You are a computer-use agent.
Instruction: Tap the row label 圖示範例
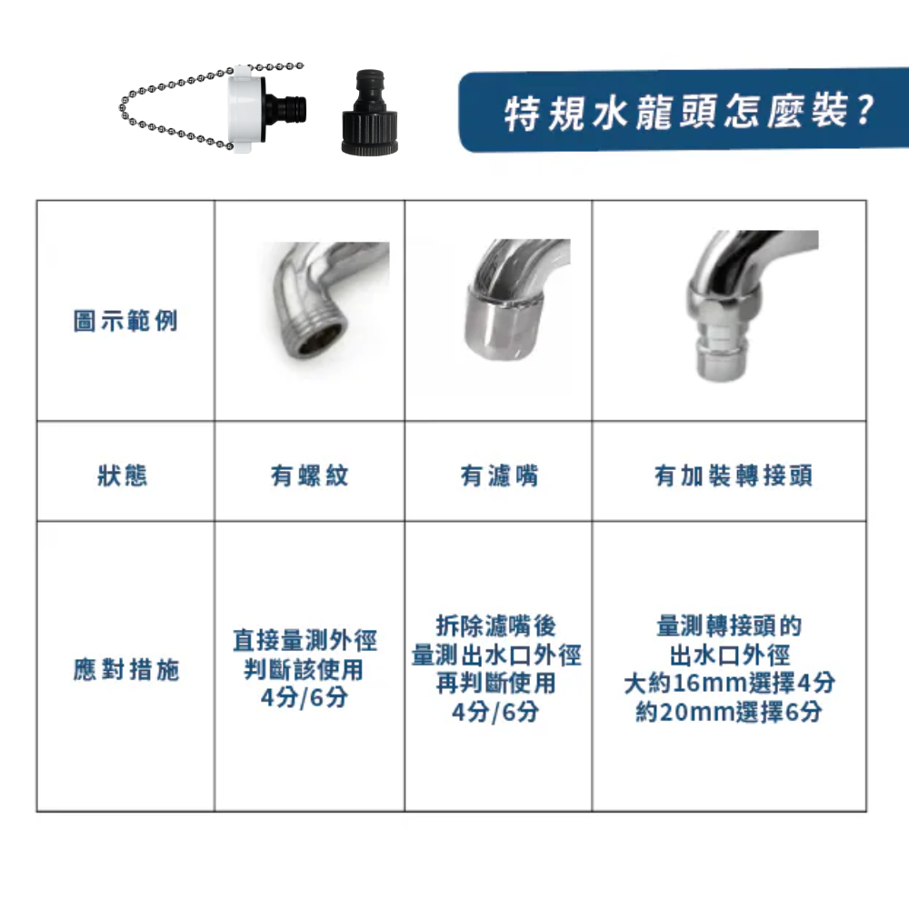[x=125, y=320]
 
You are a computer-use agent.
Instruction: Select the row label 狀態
[x=123, y=474]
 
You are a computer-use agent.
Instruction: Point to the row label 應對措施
[x=126, y=671]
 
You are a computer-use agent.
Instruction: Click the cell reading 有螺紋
[x=309, y=474]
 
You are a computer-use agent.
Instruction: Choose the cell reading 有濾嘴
[x=499, y=474]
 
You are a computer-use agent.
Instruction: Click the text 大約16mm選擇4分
[x=729, y=683]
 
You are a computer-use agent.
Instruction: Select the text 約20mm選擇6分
[x=729, y=712]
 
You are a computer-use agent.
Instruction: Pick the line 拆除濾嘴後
[x=496, y=626]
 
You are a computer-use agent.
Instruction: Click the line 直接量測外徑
[x=305, y=641]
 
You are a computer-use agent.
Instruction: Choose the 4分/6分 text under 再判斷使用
[x=495, y=712]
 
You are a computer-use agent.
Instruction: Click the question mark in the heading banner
[x=864, y=111]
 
